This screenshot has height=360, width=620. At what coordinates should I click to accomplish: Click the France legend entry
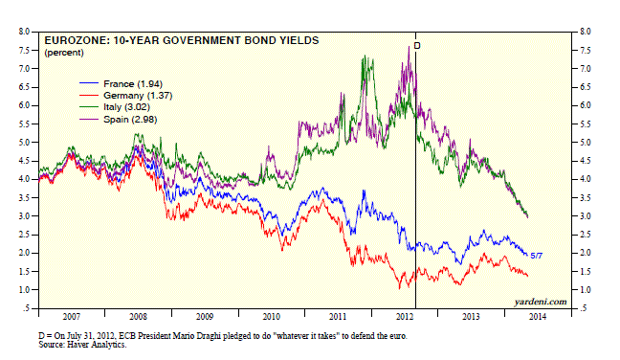point(121,84)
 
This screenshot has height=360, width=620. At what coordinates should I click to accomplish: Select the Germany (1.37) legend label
point(138,96)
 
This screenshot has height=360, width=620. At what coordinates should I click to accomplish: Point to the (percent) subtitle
point(64,53)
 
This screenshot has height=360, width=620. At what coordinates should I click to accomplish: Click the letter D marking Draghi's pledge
point(417,46)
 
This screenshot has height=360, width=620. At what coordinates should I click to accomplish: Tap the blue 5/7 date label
point(536,256)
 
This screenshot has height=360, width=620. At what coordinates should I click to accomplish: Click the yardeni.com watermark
point(541,302)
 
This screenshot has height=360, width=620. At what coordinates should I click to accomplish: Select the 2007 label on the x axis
point(72,317)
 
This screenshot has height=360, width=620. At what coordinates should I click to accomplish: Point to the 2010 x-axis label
point(272,317)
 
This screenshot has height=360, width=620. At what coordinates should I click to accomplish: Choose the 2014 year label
point(538,317)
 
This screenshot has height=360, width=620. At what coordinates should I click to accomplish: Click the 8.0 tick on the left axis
point(24,32)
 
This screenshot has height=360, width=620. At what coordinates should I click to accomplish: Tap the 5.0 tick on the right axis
point(586,143)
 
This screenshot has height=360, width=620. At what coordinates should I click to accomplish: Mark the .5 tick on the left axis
point(26,308)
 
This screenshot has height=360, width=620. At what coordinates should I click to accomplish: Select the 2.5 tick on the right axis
point(586,235)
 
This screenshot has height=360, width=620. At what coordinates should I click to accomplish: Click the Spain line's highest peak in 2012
point(409,47)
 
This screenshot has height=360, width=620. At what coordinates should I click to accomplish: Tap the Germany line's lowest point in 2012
point(400,288)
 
